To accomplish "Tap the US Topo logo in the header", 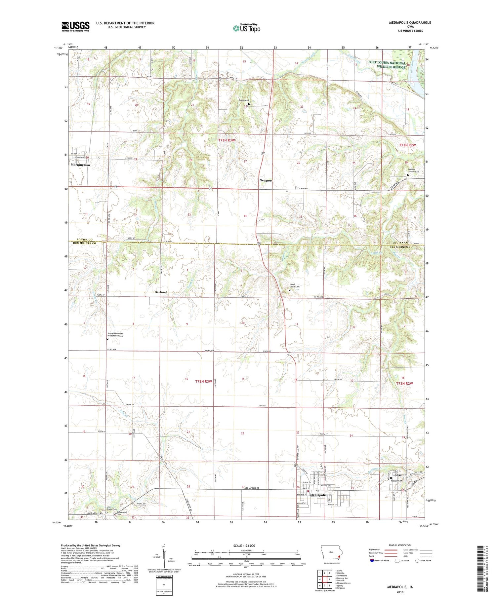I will tap(246, 28).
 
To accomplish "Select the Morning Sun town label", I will tap(80, 165).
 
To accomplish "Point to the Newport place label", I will tap(266, 181).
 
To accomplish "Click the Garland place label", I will tap(161, 292).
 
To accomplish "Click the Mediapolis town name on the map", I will tap(318, 495).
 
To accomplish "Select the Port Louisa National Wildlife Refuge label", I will tap(387, 65).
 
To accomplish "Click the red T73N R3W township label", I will tap(227, 140).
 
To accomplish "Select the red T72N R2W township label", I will tap(405, 384).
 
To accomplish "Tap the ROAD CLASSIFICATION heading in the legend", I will tap(400, 545).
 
